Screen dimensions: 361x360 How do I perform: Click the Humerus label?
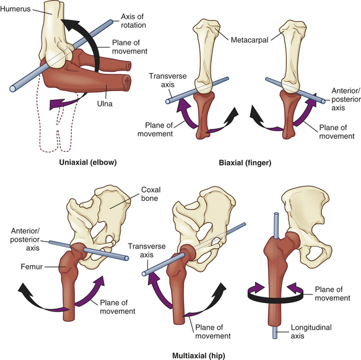[15, 9]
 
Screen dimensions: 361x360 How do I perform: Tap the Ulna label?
[105, 103]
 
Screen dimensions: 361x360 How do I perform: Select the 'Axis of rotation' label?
[133, 20]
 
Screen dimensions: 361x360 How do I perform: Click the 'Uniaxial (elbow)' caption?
[88, 162]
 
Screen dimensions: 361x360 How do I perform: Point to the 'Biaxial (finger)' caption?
[245, 163]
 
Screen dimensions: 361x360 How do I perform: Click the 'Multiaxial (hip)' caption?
[199, 356]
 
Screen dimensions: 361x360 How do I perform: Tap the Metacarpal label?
[250, 40]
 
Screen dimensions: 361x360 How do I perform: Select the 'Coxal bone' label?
[151, 194]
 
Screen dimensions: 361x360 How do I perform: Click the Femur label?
[32, 266]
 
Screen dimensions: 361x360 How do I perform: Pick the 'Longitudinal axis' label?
[311, 331]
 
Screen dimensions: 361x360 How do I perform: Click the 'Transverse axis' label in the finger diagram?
[168, 81]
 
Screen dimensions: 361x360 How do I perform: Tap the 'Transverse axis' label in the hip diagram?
[147, 250]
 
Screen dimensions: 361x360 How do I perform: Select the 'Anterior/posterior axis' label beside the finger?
[346, 99]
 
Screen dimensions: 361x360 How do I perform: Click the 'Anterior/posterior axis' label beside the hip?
[25, 239]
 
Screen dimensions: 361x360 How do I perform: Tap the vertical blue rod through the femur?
[276, 276]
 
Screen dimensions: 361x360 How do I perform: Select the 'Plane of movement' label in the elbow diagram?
[129, 46]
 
